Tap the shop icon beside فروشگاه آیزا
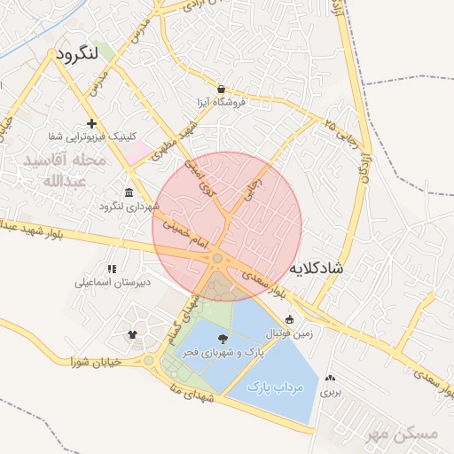pyautogui.click(x=220, y=89)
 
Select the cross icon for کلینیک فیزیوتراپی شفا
pyautogui.click(x=90, y=123)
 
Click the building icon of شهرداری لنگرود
pyautogui.click(x=129, y=193)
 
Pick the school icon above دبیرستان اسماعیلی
pyautogui.click(x=111, y=269)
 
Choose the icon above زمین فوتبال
pyautogui.click(x=289, y=320)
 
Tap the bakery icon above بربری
pyautogui.click(x=331, y=377)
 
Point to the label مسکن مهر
pyautogui.click(x=402, y=434)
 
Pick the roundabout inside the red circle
pyautogui.click(x=217, y=258)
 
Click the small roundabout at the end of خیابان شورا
pyautogui.click(x=148, y=360)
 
